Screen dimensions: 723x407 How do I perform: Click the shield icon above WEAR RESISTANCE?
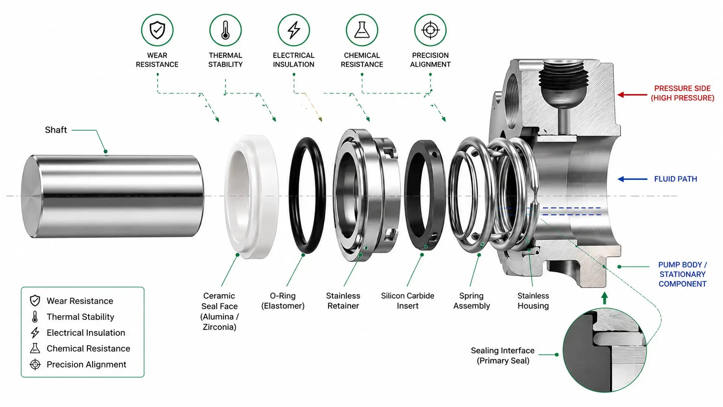pos(157,30)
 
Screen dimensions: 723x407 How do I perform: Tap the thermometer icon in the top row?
pos(225,30)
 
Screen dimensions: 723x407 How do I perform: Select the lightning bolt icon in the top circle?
pos(294,30)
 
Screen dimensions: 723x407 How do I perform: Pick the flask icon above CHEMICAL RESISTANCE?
pos(362,30)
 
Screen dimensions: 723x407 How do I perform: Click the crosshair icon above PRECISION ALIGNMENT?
pos(430,30)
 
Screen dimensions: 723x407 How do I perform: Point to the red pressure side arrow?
pos(632,95)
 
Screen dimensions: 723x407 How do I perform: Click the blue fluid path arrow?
pos(632,179)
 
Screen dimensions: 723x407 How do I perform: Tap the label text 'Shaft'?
pos(56,130)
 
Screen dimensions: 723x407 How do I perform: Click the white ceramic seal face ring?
pos(252,197)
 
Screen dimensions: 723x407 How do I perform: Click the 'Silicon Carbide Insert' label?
pos(407,301)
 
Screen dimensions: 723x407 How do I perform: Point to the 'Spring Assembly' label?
pos(472,301)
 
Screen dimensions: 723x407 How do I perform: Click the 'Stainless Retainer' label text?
pos(343,301)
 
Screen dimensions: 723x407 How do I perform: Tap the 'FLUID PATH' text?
pos(675,179)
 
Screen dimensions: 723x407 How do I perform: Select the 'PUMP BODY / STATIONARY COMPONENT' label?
pos(683,274)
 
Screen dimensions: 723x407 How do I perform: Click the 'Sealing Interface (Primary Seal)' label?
pos(502,356)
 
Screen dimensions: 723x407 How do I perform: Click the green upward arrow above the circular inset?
pos(605,298)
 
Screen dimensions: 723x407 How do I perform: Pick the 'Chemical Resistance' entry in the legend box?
pos(89,349)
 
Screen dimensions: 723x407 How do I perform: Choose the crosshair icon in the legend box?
pos(35,364)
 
